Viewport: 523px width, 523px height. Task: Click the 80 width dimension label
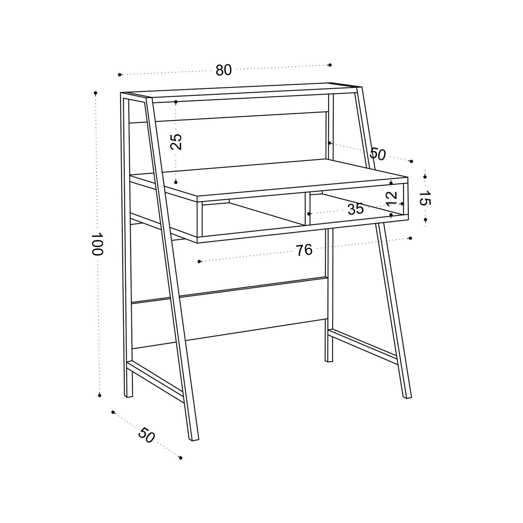pyautogui.click(x=224, y=70)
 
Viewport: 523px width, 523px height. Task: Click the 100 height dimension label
pyautogui.click(x=97, y=244)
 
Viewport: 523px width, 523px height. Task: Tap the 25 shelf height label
pyautogui.click(x=176, y=142)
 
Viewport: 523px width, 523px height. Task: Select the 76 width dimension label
pyautogui.click(x=304, y=250)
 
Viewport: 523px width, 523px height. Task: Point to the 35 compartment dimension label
pyautogui.click(x=355, y=209)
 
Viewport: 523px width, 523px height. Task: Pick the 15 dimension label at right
pyautogui.click(x=425, y=198)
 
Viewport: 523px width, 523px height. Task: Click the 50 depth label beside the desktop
pyautogui.click(x=378, y=154)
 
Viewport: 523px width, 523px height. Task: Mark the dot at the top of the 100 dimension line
pyautogui.click(x=96, y=93)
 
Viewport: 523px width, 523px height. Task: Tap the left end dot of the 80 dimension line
pyautogui.click(x=119, y=75)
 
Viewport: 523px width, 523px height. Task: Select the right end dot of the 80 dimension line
pyautogui.click(x=330, y=65)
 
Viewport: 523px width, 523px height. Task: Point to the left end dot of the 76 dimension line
pyautogui.click(x=199, y=261)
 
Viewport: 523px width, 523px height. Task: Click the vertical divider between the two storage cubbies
pyautogui.click(x=307, y=209)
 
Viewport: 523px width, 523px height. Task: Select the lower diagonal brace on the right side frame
pyautogui.click(x=363, y=347)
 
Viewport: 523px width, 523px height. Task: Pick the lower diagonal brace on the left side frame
pyautogui.click(x=156, y=381)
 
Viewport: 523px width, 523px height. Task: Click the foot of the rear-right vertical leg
pyautogui.click(x=329, y=360)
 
